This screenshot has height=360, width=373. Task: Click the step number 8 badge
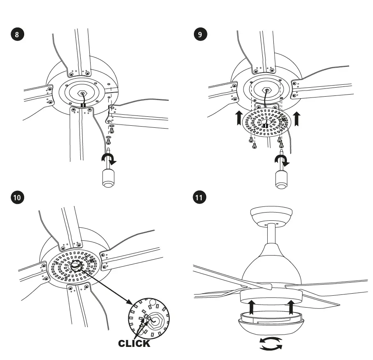17,34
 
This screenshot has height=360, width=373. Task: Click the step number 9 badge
200,34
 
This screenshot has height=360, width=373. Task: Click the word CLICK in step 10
134,343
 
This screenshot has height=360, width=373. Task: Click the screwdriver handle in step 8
108,179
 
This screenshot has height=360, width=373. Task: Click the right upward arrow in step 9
297,119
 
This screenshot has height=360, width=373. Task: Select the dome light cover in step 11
271,324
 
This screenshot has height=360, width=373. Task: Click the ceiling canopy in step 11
271,215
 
